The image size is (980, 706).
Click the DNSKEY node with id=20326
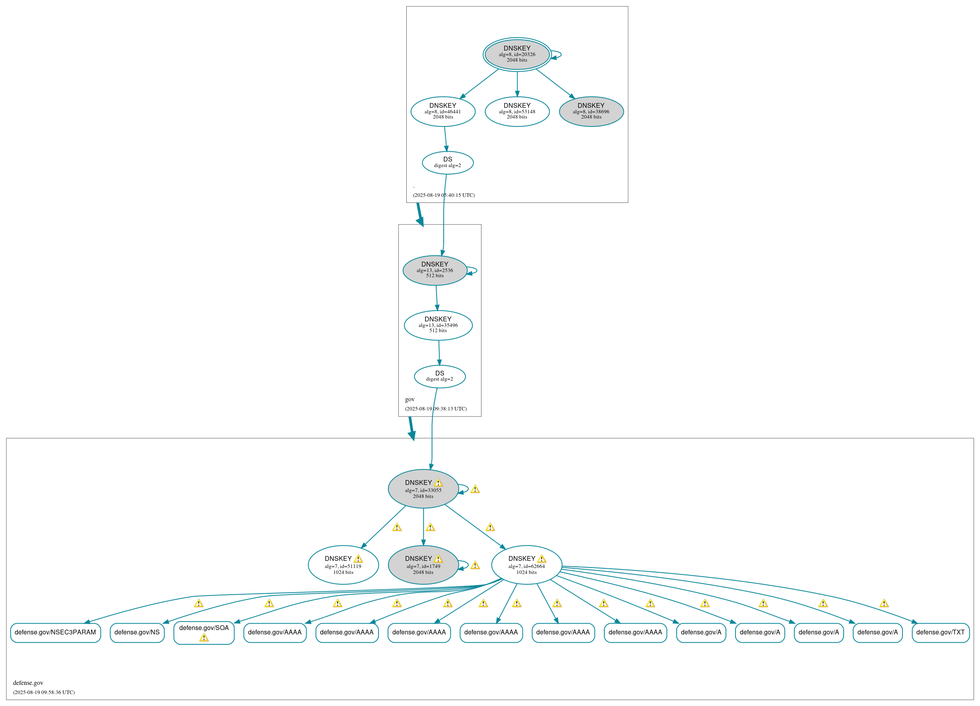point(517,54)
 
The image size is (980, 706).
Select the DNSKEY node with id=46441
point(443,111)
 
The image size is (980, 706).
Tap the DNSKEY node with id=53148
point(517,111)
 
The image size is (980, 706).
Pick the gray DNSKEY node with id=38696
point(591,111)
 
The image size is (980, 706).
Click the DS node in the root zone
point(448,163)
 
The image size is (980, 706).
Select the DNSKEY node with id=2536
point(435,270)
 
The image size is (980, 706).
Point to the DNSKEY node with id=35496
point(438,325)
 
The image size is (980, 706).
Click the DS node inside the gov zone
point(439,376)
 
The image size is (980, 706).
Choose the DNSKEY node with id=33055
point(423,488)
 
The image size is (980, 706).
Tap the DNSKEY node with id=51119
point(343,565)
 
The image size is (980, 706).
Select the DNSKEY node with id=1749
point(423,565)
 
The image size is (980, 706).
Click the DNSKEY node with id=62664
point(526,565)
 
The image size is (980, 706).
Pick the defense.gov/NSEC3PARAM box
point(55,632)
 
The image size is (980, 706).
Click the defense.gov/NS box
point(137,632)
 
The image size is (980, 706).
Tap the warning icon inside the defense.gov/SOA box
point(204,638)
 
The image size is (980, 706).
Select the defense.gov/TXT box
point(940,632)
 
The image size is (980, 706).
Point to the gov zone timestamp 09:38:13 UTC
point(436,408)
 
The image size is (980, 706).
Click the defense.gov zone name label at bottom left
point(28,683)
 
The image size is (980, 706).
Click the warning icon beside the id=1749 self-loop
point(475,566)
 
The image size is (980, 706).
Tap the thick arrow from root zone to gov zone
point(419,214)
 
